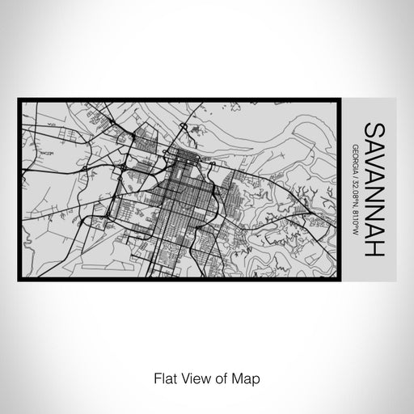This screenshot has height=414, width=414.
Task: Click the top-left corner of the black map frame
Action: (19, 99)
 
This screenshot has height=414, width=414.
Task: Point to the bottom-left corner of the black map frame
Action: (19, 280)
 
